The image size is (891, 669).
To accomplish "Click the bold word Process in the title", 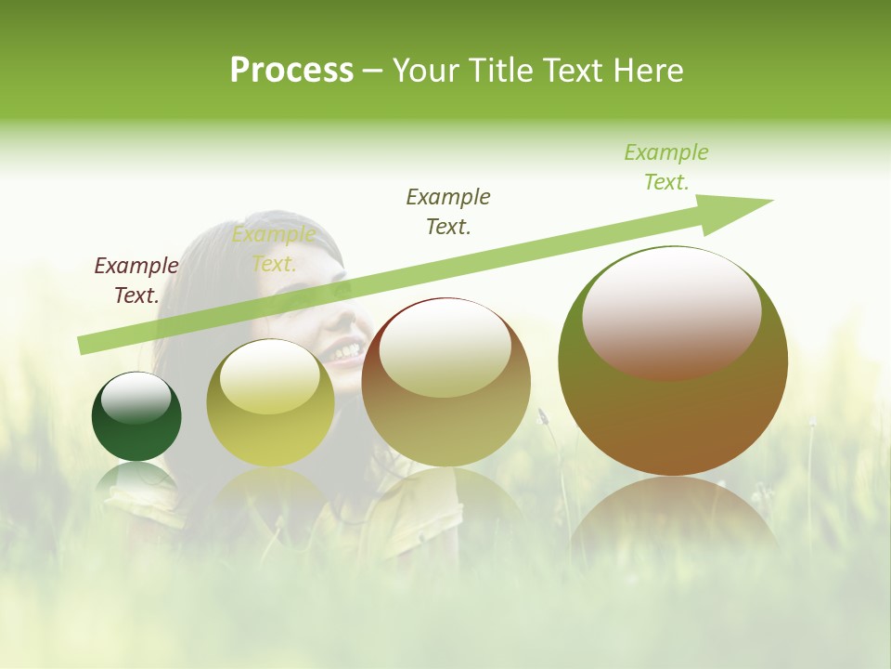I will pyautogui.click(x=291, y=71).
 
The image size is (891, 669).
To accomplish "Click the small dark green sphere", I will pyautogui.click(x=136, y=417).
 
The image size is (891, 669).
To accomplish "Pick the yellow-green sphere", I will pyautogui.click(x=269, y=403).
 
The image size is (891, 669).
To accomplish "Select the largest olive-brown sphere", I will pyautogui.click(x=673, y=361).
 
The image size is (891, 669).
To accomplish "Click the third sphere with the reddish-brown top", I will pyautogui.click(x=445, y=382).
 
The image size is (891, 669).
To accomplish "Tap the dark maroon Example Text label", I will pyautogui.click(x=136, y=281).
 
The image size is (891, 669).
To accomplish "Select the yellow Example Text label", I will pyautogui.click(x=274, y=249).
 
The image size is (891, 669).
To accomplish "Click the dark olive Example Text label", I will pyautogui.click(x=448, y=212).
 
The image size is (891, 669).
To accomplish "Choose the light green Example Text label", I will pyautogui.click(x=666, y=167).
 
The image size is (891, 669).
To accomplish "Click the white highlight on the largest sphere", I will pyautogui.click(x=671, y=311).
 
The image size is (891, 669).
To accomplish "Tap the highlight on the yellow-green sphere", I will pyautogui.click(x=269, y=376).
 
